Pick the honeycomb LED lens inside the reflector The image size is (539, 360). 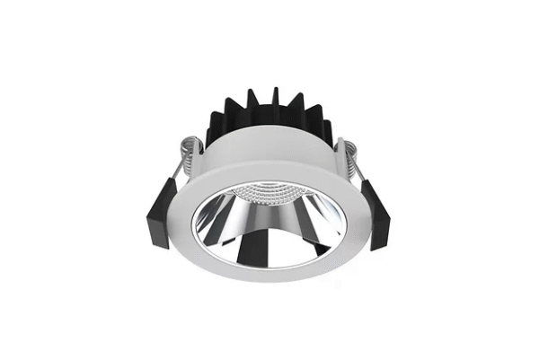point(269,195)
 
